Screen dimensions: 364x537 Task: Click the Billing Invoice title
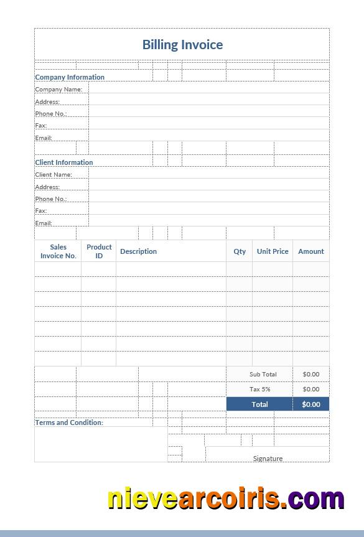[182, 45]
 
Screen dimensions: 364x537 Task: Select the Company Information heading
[70, 77]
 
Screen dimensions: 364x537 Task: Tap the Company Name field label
[58, 90]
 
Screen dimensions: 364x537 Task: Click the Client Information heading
[64, 162]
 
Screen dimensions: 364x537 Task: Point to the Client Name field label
[54, 175]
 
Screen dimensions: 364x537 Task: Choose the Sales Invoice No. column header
[58, 251]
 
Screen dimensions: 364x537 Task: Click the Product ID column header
[99, 251]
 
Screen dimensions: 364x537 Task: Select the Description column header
[138, 251]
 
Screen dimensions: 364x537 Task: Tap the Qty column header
[240, 251]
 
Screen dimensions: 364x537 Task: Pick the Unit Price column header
[273, 251]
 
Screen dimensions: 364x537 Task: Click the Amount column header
[311, 251]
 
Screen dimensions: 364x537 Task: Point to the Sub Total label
[263, 374]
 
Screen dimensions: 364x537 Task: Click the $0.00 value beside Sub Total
[311, 374]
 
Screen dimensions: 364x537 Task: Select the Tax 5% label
[259, 389]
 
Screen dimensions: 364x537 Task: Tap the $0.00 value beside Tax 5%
[311, 389]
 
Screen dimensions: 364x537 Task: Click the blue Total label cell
[259, 404]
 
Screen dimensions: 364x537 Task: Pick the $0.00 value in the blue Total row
[311, 404]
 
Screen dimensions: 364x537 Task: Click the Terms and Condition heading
[69, 423]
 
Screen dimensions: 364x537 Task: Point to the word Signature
[268, 459]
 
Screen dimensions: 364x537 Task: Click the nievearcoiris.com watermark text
[226, 499]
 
